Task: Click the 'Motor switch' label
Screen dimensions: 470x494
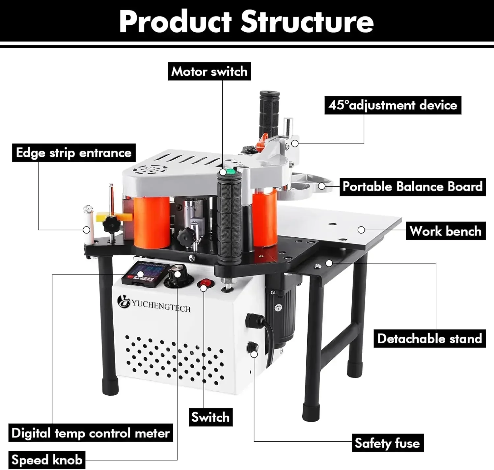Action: [209, 71]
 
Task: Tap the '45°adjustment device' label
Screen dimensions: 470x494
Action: [393, 105]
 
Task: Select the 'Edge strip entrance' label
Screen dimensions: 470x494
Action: [74, 153]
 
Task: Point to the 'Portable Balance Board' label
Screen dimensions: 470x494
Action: [412, 187]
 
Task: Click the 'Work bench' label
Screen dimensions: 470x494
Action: [445, 231]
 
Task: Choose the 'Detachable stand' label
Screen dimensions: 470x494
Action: [429, 339]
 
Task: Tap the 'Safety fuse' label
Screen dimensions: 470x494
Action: [387, 443]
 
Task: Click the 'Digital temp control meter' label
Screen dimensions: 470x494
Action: [91, 433]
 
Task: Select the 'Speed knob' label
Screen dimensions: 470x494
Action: [47, 459]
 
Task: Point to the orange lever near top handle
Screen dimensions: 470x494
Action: [262, 141]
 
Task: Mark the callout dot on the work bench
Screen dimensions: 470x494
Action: [361, 230]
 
